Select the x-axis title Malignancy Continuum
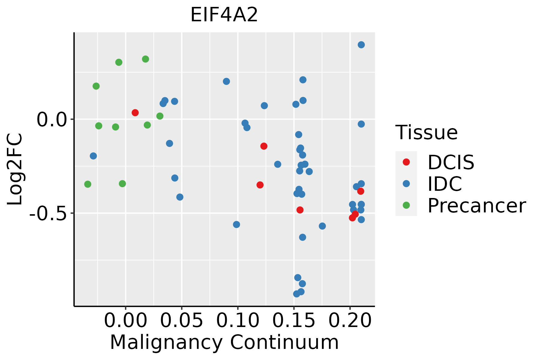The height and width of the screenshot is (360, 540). pyautogui.click(x=224, y=342)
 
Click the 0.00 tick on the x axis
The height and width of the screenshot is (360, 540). pyautogui.click(x=126, y=320)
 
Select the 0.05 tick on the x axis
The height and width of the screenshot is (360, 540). pyautogui.click(x=182, y=320)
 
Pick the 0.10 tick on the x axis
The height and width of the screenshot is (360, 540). pyautogui.click(x=238, y=320)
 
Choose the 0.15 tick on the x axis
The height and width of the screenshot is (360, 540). pyautogui.click(x=294, y=320)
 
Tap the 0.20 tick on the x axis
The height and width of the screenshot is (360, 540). pyautogui.click(x=350, y=320)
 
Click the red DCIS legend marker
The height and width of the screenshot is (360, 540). pyautogui.click(x=406, y=162)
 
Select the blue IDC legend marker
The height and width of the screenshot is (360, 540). pyautogui.click(x=406, y=184)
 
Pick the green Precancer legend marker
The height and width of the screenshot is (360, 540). pyautogui.click(x=406, y=205)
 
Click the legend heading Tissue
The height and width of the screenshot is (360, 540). pyautogui.click(x=426, y=132)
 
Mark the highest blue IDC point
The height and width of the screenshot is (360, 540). pyautogui.click(x=361, y=45)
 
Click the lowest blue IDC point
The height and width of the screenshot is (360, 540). pyautogui.click(x=297, y=294)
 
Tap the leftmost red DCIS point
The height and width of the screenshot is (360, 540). pyautogui.click(x=135, y=113)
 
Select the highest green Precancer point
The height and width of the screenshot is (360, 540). pyautogui.click(x=145, y=59)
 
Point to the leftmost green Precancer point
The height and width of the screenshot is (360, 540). pyautogui.click(x=88, y=184)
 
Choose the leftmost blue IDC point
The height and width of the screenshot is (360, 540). pyautogui.click(x=93, y=156)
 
